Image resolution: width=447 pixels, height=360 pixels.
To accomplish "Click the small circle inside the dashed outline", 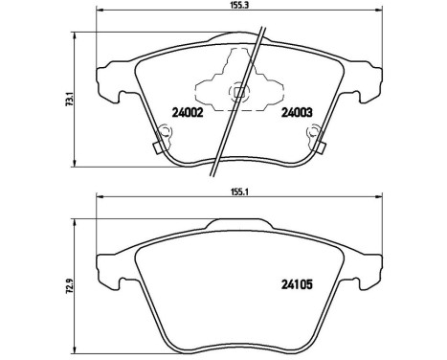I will click(237, 92).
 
